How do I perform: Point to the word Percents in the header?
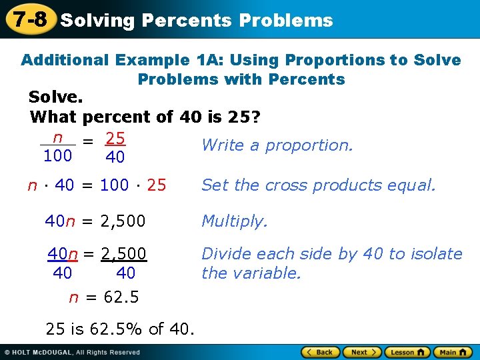tap(186, 21)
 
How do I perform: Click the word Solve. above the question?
tap(56, 97)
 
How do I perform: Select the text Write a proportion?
tap(277, 145)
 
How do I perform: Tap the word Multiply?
tap(235, 221)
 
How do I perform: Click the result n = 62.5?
tap(104, 297)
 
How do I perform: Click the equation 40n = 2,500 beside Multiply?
tap(95, 221)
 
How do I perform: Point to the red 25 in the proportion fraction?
tap(115, 139)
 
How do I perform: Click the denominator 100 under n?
tap(57, 157)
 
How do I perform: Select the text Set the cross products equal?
tap(318, 185)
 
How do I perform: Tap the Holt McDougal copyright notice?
tap(72, 352)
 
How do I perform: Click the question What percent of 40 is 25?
tap(145, 117)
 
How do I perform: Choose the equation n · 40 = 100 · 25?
tap(97, 185)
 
